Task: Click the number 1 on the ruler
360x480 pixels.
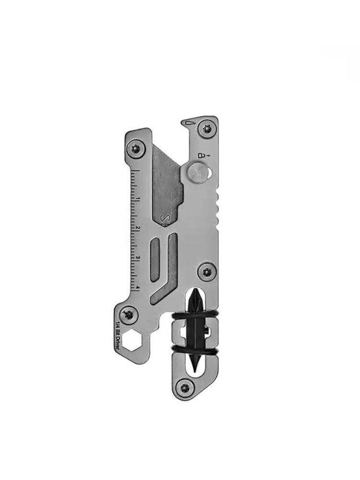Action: (138, 199)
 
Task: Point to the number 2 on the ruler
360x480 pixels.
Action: (138, 228)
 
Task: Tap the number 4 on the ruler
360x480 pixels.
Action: (138, 288)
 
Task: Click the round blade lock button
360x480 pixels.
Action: (197, 171)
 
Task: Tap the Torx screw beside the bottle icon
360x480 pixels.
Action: (207, 128)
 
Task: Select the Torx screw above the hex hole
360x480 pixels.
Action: (128, 314)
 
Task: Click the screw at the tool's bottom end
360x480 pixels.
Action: (183, 384)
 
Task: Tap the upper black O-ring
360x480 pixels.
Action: (194, 316)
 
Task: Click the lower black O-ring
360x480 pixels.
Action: (194, 351)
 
